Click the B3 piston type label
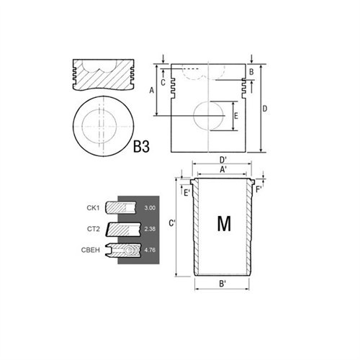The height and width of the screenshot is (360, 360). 141,148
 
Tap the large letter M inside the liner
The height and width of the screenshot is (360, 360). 224,225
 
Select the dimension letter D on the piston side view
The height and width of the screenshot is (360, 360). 266,109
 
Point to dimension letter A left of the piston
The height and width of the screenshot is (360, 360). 151,91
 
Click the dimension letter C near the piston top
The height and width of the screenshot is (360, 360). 163,82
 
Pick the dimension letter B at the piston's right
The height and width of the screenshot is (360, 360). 251,73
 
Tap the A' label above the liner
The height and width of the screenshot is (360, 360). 223,170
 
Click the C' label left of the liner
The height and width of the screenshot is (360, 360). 172,224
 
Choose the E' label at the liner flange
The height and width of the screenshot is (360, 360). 186,193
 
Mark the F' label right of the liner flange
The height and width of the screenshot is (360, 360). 259,190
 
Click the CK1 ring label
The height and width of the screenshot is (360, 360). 93,208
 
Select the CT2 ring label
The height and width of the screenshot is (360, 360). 93,229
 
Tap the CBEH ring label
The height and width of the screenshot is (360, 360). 91,249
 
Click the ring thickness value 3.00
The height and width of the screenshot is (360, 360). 150,208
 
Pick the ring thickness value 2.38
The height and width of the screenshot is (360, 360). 150,229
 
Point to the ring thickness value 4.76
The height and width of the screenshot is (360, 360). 150,250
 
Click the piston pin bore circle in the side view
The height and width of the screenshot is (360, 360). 210,116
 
